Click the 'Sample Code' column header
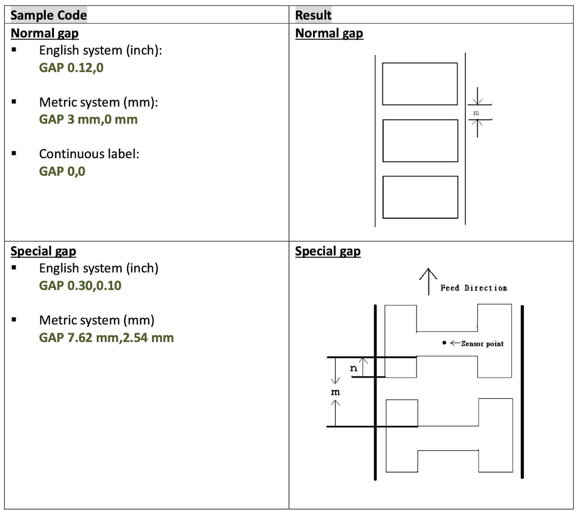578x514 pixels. point(48,15)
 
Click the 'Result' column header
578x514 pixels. point(313,15)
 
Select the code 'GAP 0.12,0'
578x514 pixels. point(71,67)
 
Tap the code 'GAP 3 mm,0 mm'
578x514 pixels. point(88,119)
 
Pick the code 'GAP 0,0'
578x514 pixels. point(62,171)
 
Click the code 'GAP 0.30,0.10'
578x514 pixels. point(80,285)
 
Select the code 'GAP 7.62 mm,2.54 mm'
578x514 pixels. point(106,338)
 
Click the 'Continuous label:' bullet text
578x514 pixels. point(89,154)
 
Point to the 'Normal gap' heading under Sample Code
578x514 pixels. point(45,33)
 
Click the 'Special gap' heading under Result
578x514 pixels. point(328,251)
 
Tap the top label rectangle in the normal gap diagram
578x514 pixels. point(420,84)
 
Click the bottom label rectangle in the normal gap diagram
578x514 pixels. point(420,197)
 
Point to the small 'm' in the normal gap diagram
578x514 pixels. point(476,113)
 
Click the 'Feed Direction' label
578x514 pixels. point(474,288)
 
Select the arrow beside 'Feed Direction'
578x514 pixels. point(428,281)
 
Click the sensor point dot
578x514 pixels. point(444,343)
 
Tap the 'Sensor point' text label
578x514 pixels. point(482,344)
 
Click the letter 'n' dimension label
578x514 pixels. point(354,368)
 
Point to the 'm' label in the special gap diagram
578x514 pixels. point(335,392)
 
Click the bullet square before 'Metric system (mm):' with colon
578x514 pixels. point(14,102)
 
